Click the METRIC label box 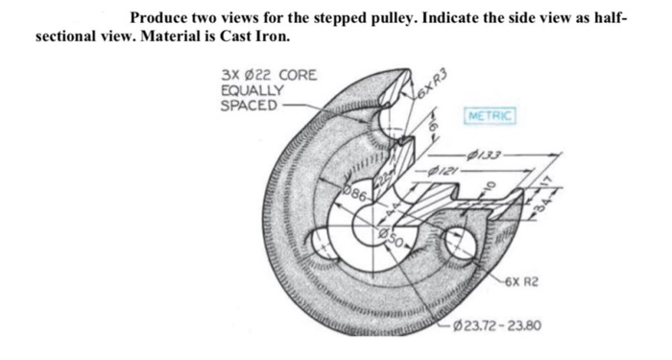[491, 117]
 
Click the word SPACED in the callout [249, 104]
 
